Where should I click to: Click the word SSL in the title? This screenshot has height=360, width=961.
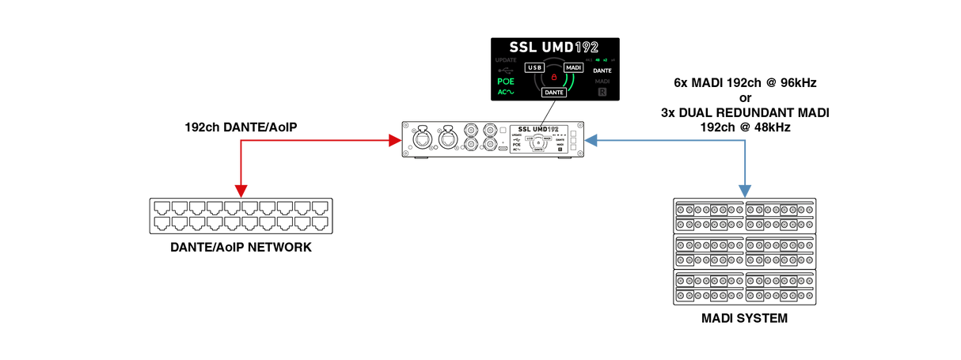tap(523, 47)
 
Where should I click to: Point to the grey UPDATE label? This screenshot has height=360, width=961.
tap(506, 60)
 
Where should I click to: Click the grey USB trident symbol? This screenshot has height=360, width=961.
tap(506, 70)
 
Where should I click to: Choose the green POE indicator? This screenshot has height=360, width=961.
tap(506, 81)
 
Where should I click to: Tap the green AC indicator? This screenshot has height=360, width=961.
tap(506, 92)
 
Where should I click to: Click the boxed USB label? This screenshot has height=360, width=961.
tap(534, 68)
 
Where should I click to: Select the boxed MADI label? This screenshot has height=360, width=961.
tap(574, 68)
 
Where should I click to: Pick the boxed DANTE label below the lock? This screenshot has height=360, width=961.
tap(554, 93)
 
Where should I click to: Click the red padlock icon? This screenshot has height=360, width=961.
tap(554, 77)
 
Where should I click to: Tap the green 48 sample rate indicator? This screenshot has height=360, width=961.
tap(597, 60)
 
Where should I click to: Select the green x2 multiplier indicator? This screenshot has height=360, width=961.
tap(605, 60)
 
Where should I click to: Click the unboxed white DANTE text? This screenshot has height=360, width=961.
tap(602, 70)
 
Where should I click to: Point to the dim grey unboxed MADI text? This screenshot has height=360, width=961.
tap(602, 81)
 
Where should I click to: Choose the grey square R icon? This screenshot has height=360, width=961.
tap(602, 92)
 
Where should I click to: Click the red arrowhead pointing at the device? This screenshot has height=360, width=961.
tap(394, 141)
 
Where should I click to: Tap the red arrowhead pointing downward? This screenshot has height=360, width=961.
tap(241, 190)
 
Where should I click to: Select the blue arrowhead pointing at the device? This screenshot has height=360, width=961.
tap(591, 141)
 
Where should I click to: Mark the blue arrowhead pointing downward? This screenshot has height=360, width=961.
tap(744, 190)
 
